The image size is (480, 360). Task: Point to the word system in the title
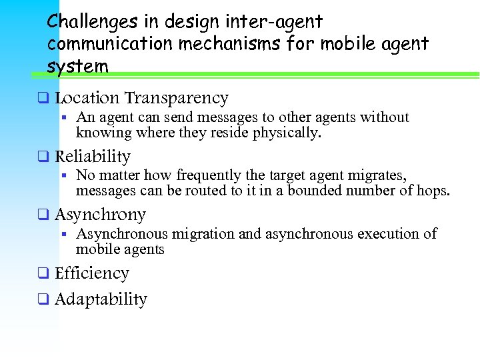coord(77,67)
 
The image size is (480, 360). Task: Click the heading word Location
coord(87,98)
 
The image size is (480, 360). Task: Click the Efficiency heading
coord(91,273)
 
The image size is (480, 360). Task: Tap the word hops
coord(436,191)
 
